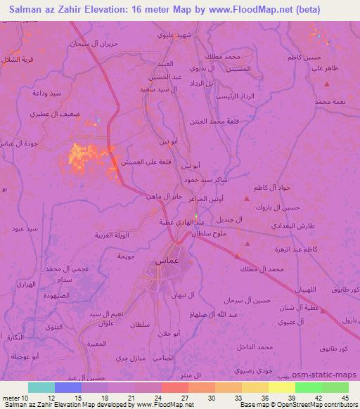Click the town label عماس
(x=157, y=261)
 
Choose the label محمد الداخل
(x=255, y=347)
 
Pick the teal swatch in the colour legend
(x=41, y=387)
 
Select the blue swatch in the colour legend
(x=68, y=387)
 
